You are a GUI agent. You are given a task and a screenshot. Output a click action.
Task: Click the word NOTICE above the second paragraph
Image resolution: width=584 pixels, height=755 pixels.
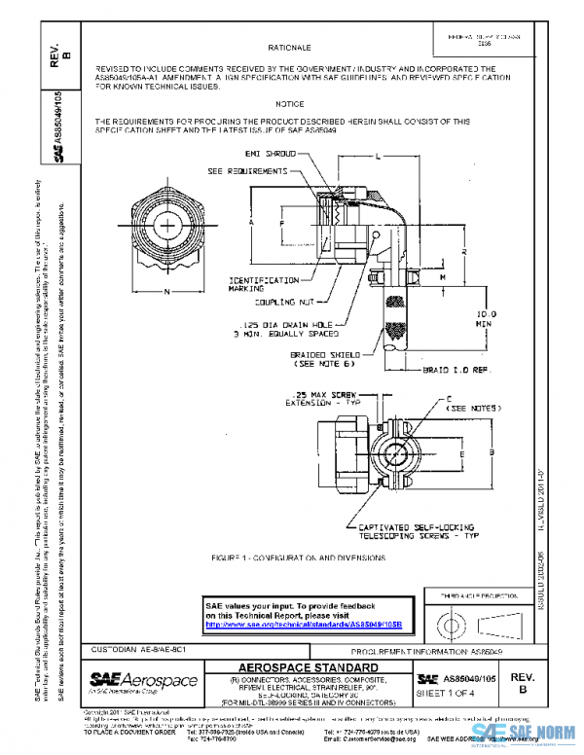[x=289, y=103]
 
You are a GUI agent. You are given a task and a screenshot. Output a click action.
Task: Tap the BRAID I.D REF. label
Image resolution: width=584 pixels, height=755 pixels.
[x=452, y=370]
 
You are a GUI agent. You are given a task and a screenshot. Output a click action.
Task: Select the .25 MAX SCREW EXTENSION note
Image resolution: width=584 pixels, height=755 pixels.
[x=313, y=396]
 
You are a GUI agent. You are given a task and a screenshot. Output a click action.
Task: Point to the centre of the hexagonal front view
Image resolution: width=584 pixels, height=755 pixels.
[x=167, y=226]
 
